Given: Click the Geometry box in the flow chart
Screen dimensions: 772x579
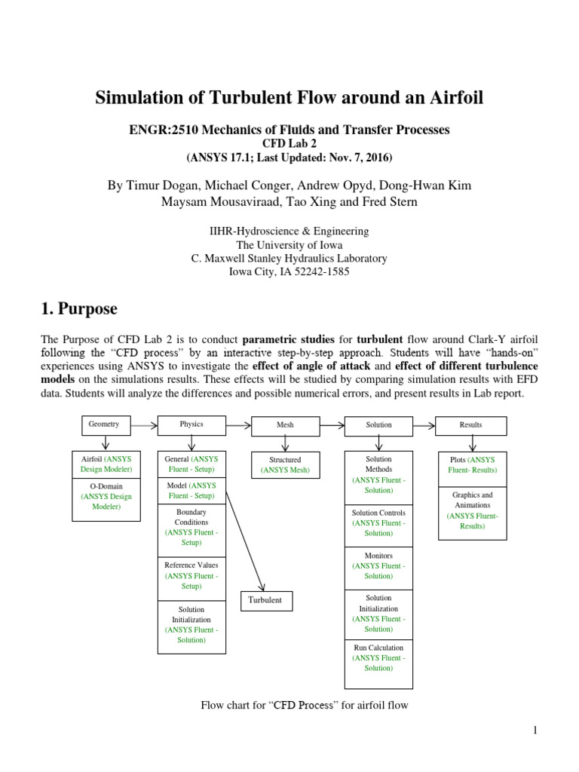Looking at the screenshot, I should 105,424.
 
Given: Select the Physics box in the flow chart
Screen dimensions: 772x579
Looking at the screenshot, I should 191,424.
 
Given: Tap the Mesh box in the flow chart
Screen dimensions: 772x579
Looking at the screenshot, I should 285,425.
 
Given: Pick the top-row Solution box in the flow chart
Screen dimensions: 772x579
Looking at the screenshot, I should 378,425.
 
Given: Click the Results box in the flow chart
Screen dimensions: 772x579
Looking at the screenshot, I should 470,425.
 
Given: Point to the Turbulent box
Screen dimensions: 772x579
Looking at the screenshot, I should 265,600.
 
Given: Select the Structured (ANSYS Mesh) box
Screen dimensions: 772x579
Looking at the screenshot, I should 285,465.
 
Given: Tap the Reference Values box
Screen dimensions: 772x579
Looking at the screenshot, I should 191,575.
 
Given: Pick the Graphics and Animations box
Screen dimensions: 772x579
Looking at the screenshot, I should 472,511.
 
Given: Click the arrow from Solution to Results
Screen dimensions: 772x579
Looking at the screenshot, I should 424,425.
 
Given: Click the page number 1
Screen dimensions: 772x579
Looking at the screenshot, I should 535,730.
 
